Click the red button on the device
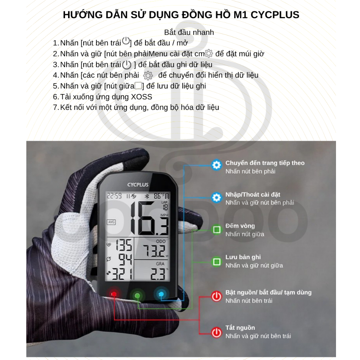114,294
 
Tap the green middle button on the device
137,295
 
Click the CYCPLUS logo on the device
138,185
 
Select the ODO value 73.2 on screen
154,251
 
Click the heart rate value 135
124,245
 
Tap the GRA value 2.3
158,274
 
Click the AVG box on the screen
111,222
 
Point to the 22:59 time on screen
114,196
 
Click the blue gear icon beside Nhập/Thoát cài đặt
216,197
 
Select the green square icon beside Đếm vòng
216,230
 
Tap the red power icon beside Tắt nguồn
216,332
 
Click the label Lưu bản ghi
243,257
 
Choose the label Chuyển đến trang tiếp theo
265,163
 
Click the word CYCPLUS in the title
275,15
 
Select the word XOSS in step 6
141,97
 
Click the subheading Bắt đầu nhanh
189,33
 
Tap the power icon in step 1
126,41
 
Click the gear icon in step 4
148,75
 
